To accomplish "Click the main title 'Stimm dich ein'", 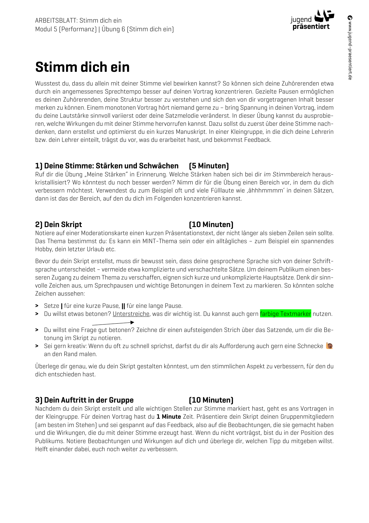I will [82, 67].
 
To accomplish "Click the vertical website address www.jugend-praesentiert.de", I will [350, 48].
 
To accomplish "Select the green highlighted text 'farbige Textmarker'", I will [285, 314].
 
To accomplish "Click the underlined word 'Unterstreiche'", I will [131, 314].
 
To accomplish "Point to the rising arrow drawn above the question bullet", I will [113, 323].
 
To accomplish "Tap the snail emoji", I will [329, 346].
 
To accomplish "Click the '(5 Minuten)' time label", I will [209, 166].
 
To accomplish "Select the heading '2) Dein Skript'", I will [59, 224].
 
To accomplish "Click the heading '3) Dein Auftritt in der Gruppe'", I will [85, 400].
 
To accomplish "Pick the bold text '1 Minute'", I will [168, 417].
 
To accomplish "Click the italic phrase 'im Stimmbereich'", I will [287, 174].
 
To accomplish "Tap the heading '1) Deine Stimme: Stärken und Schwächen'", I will [107, 166].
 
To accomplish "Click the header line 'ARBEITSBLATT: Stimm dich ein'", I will [78, 21].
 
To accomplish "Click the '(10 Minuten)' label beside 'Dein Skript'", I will [211, 224].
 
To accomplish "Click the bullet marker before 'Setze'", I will [37, 306].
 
